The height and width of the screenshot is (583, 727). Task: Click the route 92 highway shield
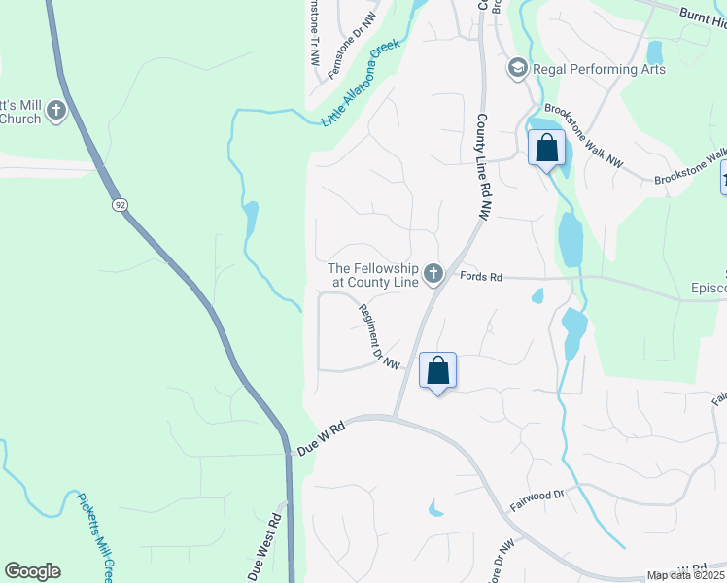point(119,205)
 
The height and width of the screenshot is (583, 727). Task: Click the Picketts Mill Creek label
point(95,534)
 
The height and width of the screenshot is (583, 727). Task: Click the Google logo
point(32,571)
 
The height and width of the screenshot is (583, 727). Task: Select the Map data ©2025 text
point(685,575)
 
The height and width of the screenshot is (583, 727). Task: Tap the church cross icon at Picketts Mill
point(55,111)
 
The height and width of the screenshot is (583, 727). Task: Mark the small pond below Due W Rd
point(434,507)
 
